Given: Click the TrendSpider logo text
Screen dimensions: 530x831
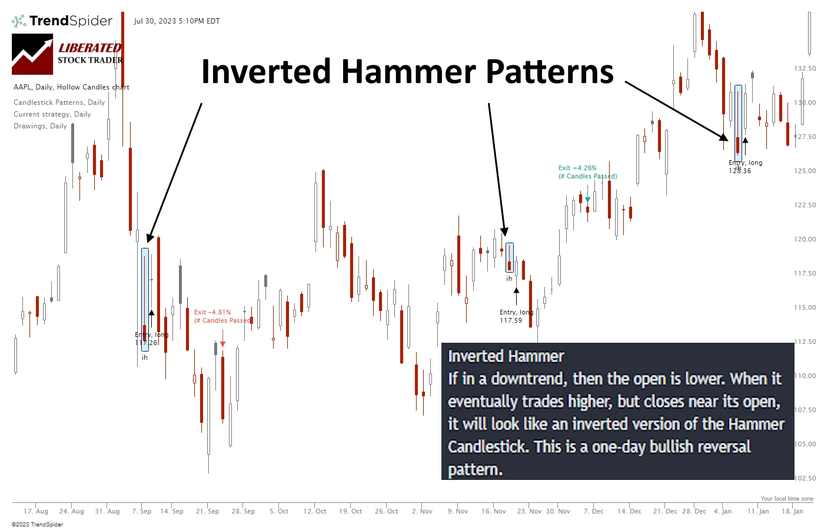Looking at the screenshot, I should pos(71,21).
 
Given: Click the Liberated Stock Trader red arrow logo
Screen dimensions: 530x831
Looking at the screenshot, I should pos(32,54).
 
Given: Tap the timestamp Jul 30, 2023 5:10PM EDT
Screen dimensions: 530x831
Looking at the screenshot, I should pos(177,21).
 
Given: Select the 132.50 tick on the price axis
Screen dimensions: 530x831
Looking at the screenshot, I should pos(805,68).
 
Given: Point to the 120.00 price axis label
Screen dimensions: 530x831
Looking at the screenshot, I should pos(805,239).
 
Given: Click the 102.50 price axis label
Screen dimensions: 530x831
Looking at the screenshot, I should pos(805,478).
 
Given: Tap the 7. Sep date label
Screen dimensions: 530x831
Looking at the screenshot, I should pos(142,511).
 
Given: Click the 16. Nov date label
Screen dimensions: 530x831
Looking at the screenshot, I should pos(494,511).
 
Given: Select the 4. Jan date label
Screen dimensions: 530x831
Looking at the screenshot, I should pos(723,511).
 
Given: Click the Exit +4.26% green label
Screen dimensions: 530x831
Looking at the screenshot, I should pos(577,168).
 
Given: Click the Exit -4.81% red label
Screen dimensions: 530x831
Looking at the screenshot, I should pos(212,312).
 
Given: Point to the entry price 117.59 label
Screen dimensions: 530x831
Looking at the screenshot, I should pos(511,321).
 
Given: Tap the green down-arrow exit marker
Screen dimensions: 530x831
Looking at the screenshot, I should pos(587,200).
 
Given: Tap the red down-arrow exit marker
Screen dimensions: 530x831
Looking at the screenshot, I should pos(223,344).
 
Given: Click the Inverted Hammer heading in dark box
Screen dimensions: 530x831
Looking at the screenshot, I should pos(506,356).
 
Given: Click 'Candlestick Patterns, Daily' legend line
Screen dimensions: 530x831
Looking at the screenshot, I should pos(59,102).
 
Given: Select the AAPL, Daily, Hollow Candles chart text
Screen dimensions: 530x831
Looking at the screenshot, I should pos(71,87).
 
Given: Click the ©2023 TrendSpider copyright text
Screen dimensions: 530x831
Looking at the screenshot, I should pos(37,524).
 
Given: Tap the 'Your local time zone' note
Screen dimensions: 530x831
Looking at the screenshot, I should pos(787,499).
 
